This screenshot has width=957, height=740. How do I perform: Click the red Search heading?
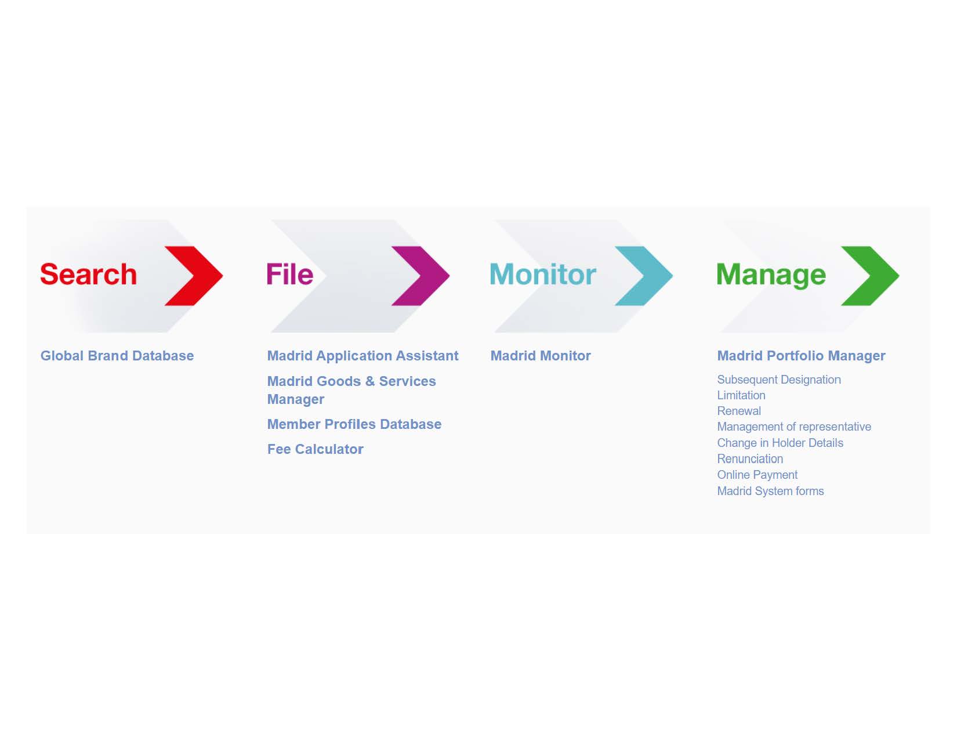(89, 274)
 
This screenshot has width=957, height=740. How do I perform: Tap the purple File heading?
(290, 274)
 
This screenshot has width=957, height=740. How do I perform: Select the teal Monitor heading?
(543, 274)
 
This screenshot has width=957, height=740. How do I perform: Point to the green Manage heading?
(771, 275)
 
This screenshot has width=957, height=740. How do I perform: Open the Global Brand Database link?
(117, 356)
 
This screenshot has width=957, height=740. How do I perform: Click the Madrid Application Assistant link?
(362, 356)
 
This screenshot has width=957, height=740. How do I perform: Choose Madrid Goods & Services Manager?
(351, 390)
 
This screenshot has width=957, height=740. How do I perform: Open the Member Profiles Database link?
(354, 424)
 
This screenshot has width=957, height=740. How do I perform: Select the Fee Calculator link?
(316, 449)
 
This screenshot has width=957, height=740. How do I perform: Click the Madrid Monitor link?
(541, 356)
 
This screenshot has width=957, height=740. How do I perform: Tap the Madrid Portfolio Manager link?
(801, 356)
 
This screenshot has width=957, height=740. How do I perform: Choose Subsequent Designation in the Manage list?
(778, 380)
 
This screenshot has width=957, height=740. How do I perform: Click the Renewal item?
(739, 411)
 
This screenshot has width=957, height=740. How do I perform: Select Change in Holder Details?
(780, 443)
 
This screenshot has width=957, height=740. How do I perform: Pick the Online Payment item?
(757, 475)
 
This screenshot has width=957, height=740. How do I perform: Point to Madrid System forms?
(770, 491)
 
